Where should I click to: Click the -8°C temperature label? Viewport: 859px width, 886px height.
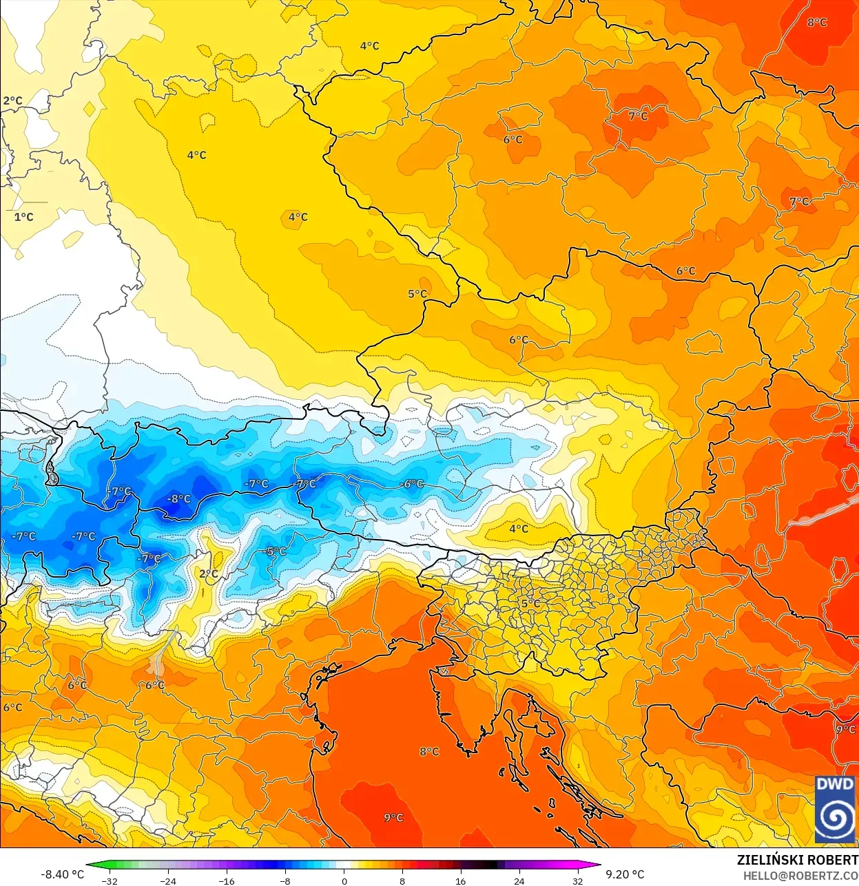[x=179, y=499]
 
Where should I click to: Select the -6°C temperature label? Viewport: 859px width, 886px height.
[x=412, y=484]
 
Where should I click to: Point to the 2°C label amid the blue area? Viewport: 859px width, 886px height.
[x=208, y=573]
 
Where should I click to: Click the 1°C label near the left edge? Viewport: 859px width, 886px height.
[x=23, y=217]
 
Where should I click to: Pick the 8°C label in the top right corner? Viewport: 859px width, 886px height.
[x=817, y=22]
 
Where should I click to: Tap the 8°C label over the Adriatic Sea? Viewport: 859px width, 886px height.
[x=429, y=751]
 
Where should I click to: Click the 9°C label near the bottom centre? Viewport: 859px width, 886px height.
[x=393, y=817]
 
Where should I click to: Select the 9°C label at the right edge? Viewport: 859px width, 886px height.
[x=846, y=729]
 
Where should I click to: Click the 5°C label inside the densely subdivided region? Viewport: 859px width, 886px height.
[x=530, y=603]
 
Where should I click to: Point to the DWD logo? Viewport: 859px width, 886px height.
[x=835, y=810]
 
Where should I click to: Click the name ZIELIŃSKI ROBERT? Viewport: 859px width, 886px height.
[x=797, y=860]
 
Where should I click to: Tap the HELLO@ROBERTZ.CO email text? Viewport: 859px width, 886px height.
[x=800, y=876]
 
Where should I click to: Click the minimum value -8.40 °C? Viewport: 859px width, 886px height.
[x=62, y=874]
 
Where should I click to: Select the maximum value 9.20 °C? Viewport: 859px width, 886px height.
[x=625, y=874]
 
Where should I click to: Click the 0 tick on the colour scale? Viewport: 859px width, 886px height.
[x=344, y=881]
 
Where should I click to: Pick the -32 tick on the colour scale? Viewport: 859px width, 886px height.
[x=109, y=881]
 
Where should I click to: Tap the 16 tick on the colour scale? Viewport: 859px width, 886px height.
[x=460, y=881]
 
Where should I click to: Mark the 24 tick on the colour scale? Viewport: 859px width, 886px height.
[x=519, y=881]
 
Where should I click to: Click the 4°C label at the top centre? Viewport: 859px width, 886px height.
[x=369, y=46]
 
